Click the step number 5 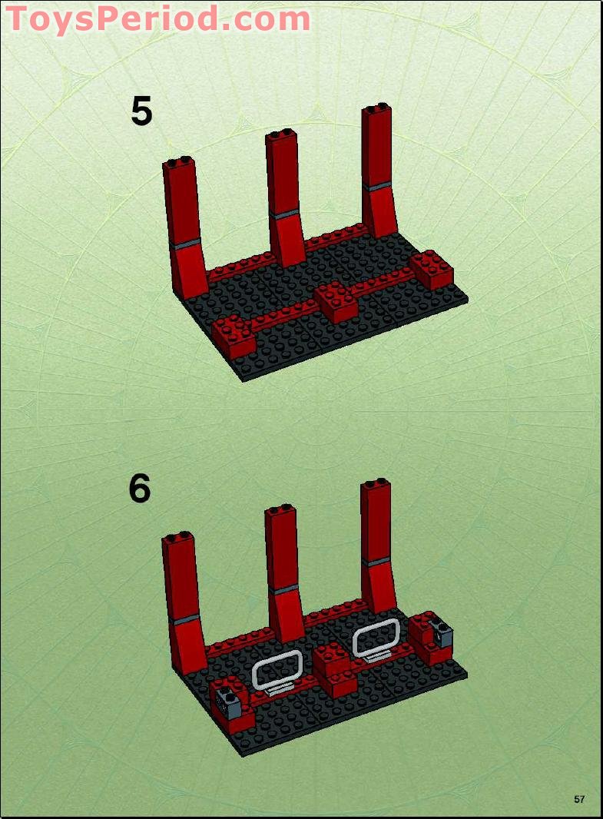(x=141, y=111)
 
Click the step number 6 (x=140, y=489)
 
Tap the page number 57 (x=579, y=799)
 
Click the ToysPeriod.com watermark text (x=157, y=18)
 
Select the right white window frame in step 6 (x=376, y=637)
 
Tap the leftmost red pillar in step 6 (x=183, y=599)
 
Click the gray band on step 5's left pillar (x=186, y=244)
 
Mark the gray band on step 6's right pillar (x=378, y=562)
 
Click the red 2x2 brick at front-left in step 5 (x=232, y=332)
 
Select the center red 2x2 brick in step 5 (x=336, y=301)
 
